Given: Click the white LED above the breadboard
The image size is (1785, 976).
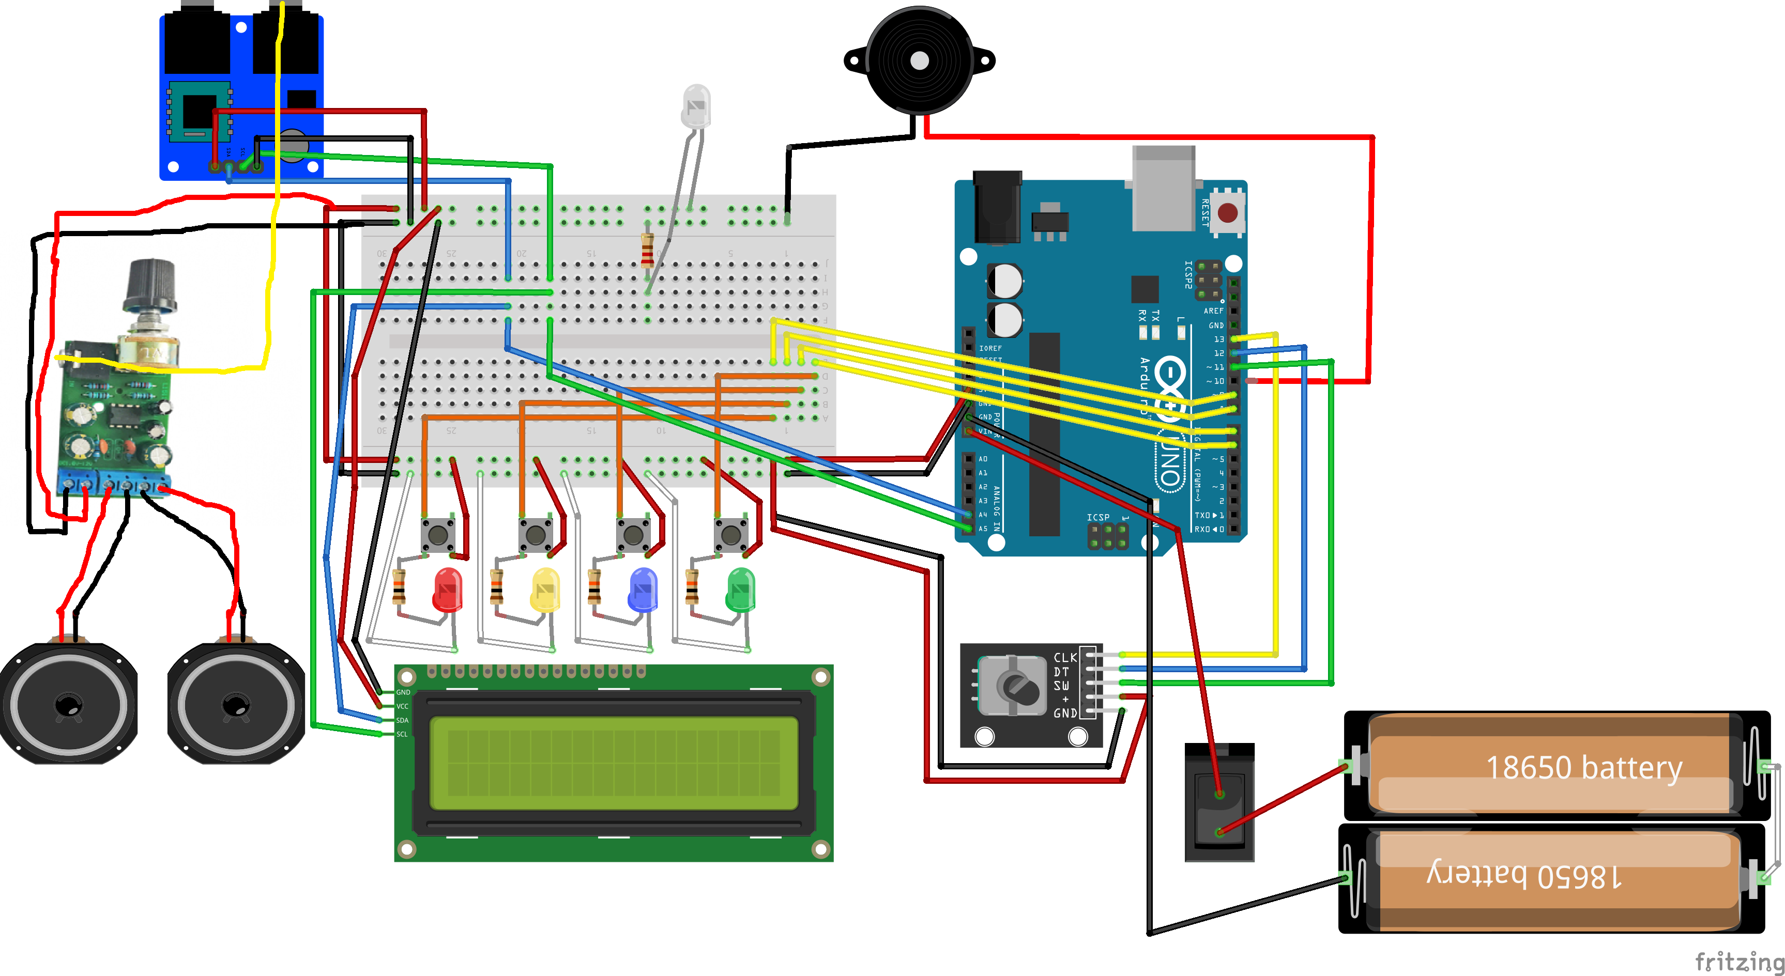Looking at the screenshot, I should [x=696, y=106].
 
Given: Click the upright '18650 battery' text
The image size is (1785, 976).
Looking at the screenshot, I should [x=1584, y=767].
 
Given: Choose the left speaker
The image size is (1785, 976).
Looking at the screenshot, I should [x=68, y=705].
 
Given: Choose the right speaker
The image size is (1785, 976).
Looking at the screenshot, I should [x=236, y=705].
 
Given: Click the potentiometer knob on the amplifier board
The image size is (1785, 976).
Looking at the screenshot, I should [x=150, y=284].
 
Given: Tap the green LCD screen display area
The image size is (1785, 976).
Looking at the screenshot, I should [x=613, y=763].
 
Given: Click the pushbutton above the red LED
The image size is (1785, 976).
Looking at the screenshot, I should [x=438, y=534].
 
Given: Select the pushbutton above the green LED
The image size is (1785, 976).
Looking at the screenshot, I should [x=731, y=534].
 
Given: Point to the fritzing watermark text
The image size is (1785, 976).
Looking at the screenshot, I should [x=1738, y=962].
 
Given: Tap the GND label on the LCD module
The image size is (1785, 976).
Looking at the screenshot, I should [x=403, y=692].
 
